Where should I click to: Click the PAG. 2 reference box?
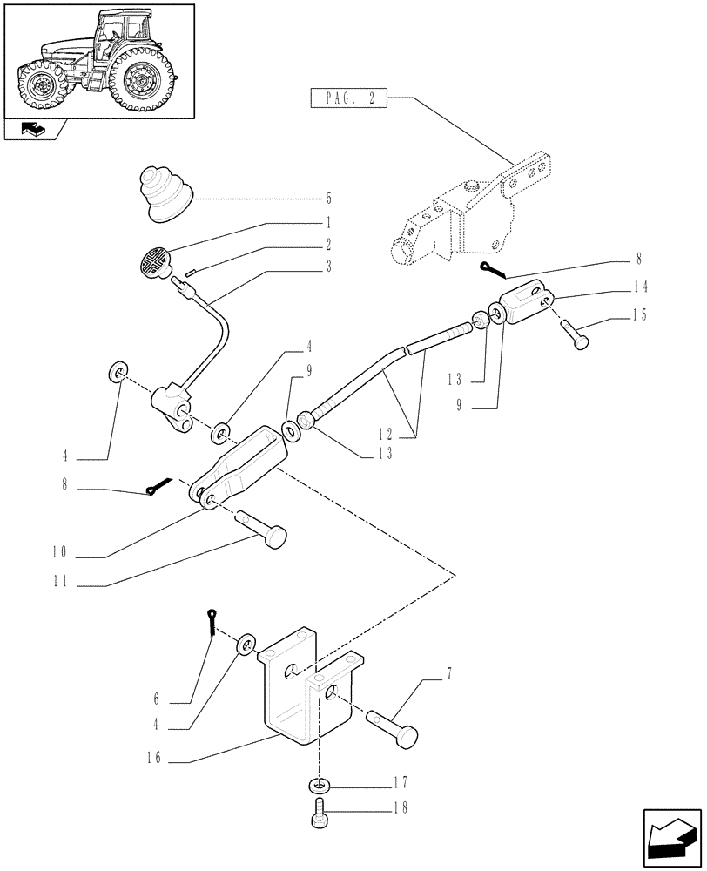[347, 99]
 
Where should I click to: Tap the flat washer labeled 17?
[319, 786]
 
